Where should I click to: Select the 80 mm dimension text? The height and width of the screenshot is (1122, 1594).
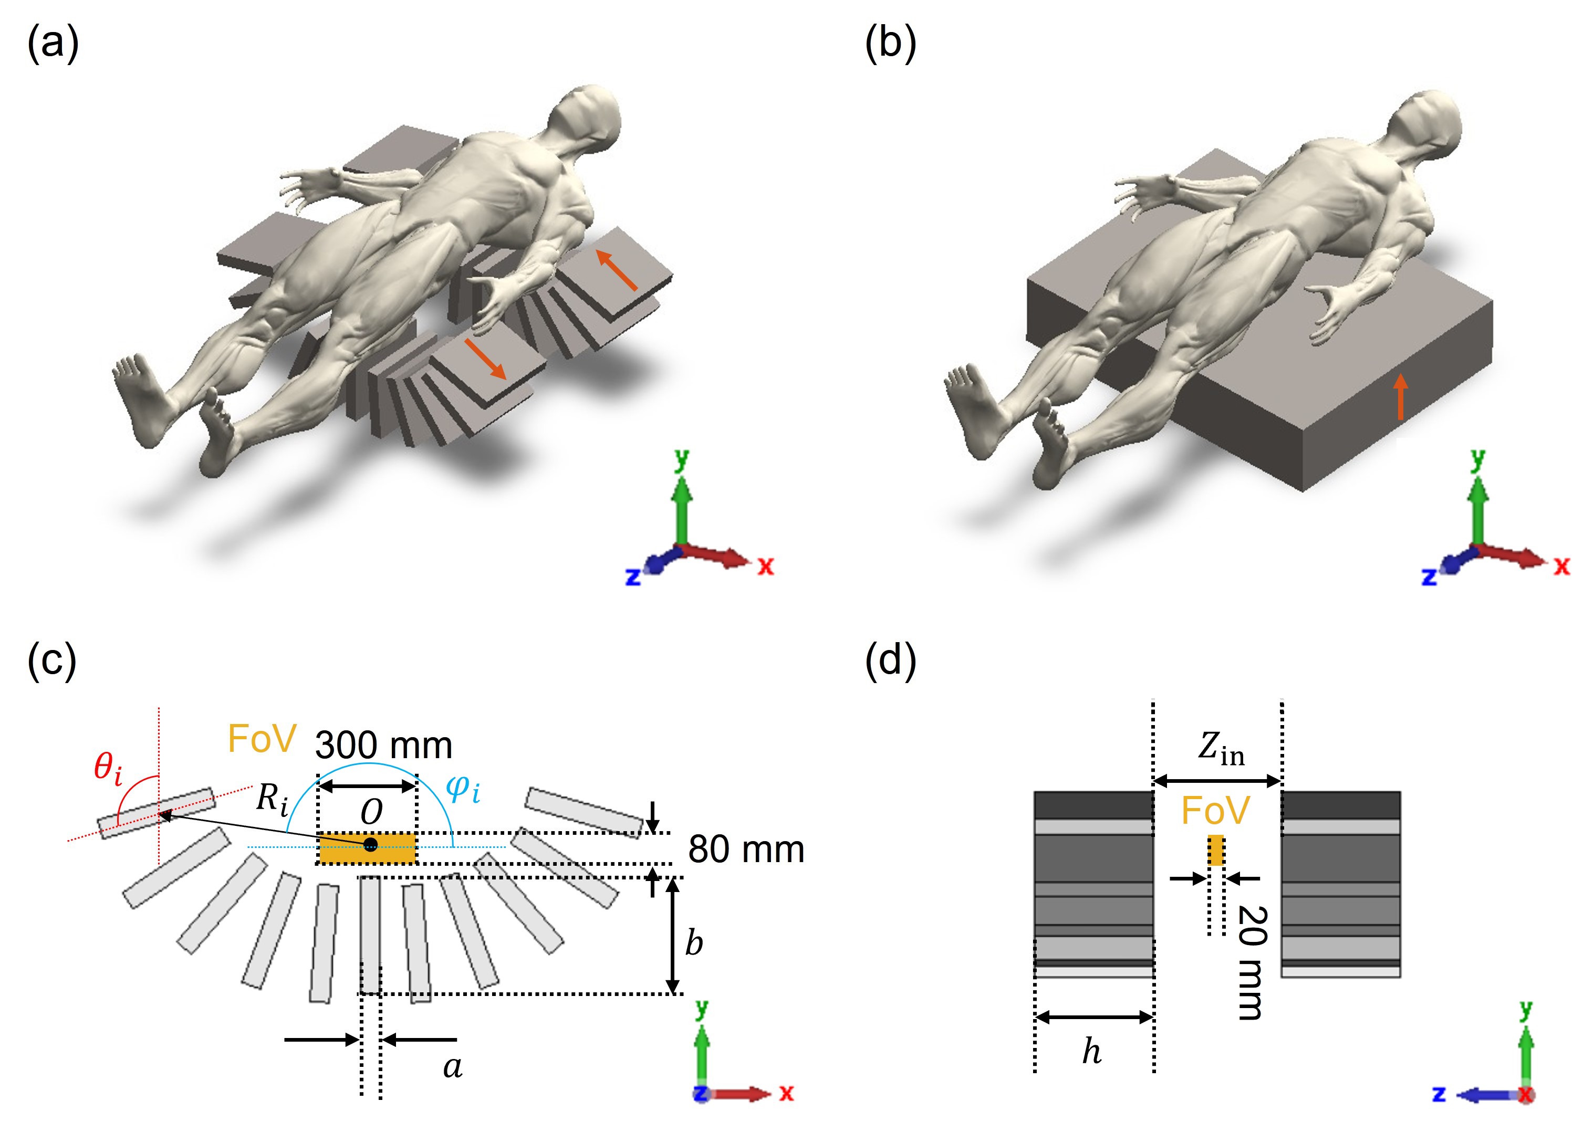(x=746, y=850)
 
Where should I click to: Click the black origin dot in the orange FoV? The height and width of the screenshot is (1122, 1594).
(x=371, y=844)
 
